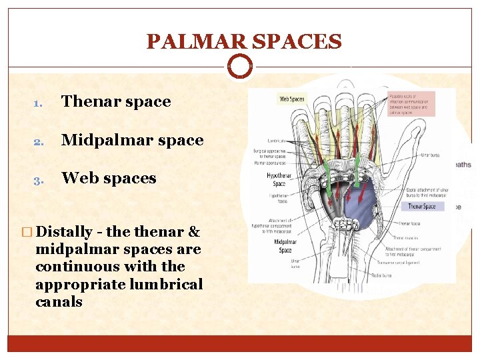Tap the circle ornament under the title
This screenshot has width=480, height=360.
pos(240,67)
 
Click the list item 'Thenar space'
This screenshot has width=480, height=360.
pos(116,101)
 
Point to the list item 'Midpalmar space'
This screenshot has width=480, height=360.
pos(132,140)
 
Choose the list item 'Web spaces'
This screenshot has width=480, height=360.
pos(109,178)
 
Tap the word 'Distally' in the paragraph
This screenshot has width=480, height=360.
pos(65,232)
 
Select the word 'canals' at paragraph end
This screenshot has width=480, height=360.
pos(59,301)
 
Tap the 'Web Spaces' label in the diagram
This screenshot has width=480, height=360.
pos(291,99)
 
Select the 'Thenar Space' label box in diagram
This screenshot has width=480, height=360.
pos(421,207)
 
